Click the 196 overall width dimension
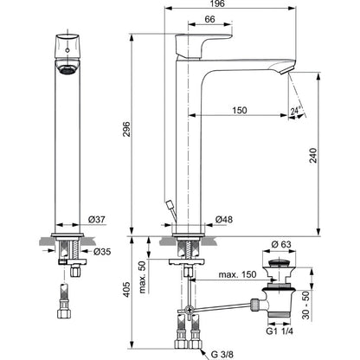click(x=217, y=3)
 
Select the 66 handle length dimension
click(x=209, y=19)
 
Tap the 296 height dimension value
click(x=127, y=129)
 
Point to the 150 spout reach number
click(x=240, y=110)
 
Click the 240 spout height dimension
click(x=313, y=156)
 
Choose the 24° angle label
click(x=295, y=111)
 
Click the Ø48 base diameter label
click(x=224, y=220)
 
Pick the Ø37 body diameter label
click(x=97, y=220)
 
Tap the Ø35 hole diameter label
click(x=102, y=252)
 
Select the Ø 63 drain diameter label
click(x=281, y=245)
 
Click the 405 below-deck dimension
click(x=127, y=289)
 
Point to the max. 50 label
click(x=143, y=277)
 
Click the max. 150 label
click(x=237, y=274)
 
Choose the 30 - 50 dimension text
click(x=305, y=305)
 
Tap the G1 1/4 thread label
click(x=280, y=331)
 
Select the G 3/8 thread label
click(x=222, y=354)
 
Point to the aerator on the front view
click(x=67, y=67)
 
